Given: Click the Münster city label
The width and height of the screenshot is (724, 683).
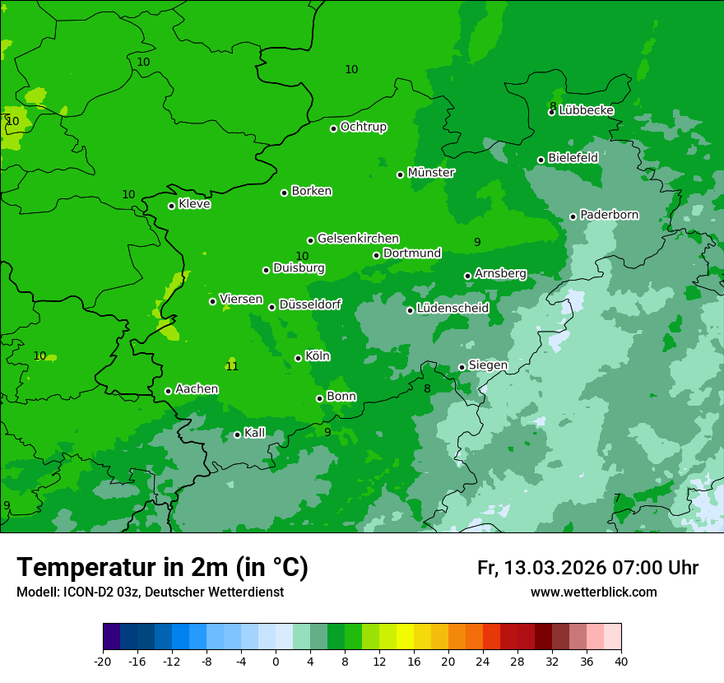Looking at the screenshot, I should (x=431, y=173).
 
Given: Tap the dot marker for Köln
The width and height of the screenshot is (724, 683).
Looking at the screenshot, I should (x=298, y=358).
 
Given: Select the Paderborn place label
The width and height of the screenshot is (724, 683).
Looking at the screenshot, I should (x=610, y=215).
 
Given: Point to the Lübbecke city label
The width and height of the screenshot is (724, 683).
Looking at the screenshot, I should (x=587, y=110).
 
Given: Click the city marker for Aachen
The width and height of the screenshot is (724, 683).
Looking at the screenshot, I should (x=168, y=391).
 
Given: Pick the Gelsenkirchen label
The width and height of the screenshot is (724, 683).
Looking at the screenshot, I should (x=358, y=239).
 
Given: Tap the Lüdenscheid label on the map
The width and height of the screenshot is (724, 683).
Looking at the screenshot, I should (x=452, y=309).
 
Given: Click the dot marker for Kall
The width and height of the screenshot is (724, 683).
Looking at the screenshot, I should (x=237, y=434).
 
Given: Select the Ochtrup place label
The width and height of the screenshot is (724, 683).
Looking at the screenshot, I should (x=364, y=127).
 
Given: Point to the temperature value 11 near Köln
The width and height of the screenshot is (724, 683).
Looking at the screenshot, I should (x=232, y=366).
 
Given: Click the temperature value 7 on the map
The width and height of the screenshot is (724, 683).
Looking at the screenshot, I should (x=617, y=498).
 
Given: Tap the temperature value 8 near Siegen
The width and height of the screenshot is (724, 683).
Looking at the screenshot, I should (x=427, y=388).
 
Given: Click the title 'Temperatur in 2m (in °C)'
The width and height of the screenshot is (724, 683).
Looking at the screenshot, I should (x=162, y=568).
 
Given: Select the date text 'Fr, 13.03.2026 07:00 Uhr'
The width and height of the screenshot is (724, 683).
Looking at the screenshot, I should (x=587, y=568).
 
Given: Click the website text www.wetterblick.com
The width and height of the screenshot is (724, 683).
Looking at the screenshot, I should (x=593, y=592).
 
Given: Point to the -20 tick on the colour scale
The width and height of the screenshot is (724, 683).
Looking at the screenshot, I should (x=103, y=662).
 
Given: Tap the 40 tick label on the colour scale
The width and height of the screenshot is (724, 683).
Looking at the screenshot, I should (x=621, y=662).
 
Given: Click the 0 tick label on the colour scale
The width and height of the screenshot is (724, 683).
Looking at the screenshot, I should (x=276, y=662).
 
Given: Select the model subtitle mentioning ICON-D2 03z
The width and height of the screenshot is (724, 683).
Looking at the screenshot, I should (x=150, y=592).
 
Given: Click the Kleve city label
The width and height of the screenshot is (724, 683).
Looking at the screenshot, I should (x=194, y=204).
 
